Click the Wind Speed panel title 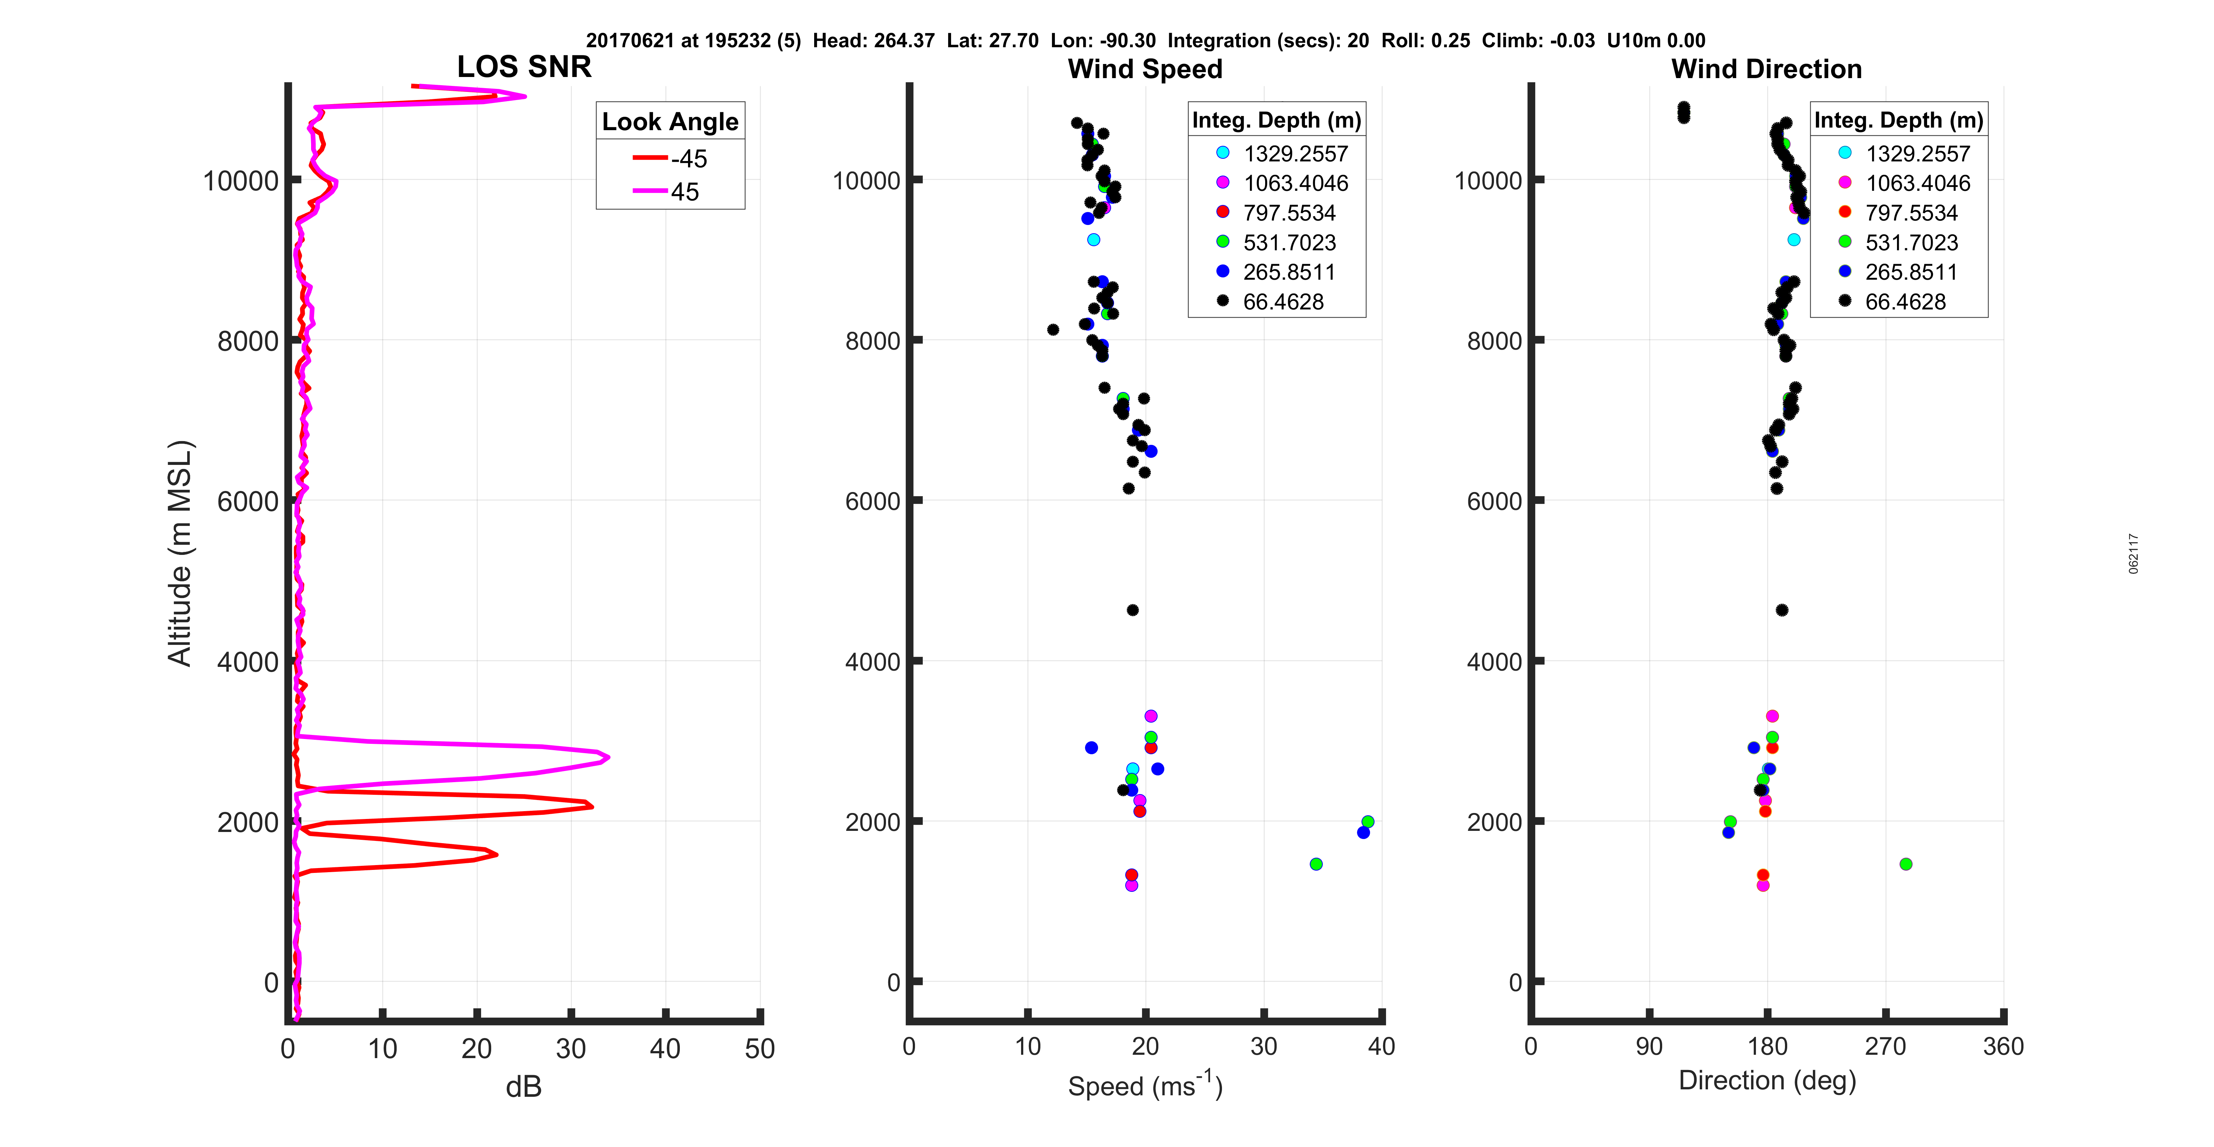click(x=1145, y=69)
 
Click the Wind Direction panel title click(x=1766, y=69)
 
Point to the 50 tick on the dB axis click(x=760, y=1048)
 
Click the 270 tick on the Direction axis click(x=1886, y=1047)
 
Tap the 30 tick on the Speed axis click(x=1263, y=1047)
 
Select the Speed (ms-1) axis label click(x=1145, y=1085)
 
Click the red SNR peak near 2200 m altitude click(x=591, y=806)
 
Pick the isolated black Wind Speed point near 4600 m click(x=1133, y=610)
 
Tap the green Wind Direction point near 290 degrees click(x=1906, y=864)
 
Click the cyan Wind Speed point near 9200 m click(x=1093, y=240)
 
